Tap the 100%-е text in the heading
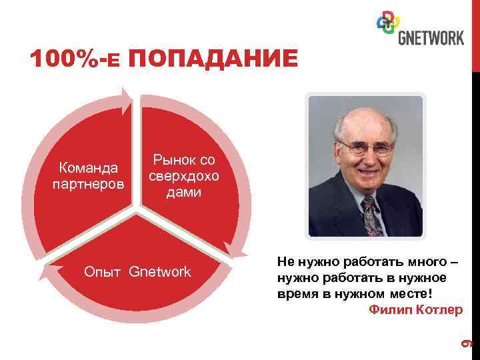[x=75, y=59]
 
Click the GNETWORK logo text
[x=431, y=37]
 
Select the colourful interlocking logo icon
[x=388, y=25]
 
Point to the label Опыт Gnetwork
[x=136, y=272]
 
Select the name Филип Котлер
[x=415, y=310]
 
